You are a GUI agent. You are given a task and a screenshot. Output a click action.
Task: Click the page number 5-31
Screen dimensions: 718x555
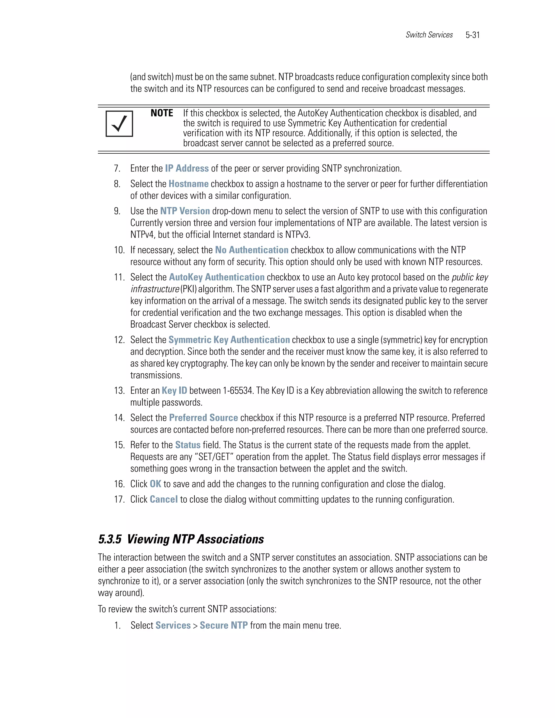[x=472, y=35]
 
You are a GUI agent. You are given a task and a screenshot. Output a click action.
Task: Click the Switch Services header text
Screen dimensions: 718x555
[x=429, y=35]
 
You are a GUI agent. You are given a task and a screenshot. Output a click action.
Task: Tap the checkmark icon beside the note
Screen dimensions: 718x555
[x=119, y=124]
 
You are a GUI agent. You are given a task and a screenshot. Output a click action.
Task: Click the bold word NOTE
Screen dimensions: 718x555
[x=162, y=113]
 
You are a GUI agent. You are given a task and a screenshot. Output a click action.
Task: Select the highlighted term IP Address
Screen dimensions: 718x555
[x=187, y=168]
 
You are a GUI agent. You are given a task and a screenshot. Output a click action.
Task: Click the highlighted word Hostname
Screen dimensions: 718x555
[x=188, y=184]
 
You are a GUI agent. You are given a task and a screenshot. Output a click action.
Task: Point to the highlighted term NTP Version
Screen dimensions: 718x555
[x=185, y=211]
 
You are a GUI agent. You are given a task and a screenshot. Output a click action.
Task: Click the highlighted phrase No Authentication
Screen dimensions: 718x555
[x=251, y=250]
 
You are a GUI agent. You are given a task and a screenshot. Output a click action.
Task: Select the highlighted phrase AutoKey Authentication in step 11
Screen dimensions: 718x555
[x=217, y=277]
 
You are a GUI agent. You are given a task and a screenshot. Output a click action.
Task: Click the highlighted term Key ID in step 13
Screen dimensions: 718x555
[x=174, y=390]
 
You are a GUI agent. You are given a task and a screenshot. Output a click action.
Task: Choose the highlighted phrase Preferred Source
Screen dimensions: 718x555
[x=203, y=418]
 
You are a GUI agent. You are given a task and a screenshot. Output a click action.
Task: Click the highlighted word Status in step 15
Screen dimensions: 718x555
[x=188, y=445]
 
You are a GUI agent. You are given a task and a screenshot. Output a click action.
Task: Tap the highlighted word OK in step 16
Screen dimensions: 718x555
[x=156, y=484]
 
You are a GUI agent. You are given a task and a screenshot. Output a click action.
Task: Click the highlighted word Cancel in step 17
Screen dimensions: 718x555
[x=164, y=499]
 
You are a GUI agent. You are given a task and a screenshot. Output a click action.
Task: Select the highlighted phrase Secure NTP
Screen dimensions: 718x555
[x=224, y=625]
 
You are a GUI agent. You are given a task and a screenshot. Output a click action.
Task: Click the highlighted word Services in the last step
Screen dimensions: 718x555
[x=173, y=625]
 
